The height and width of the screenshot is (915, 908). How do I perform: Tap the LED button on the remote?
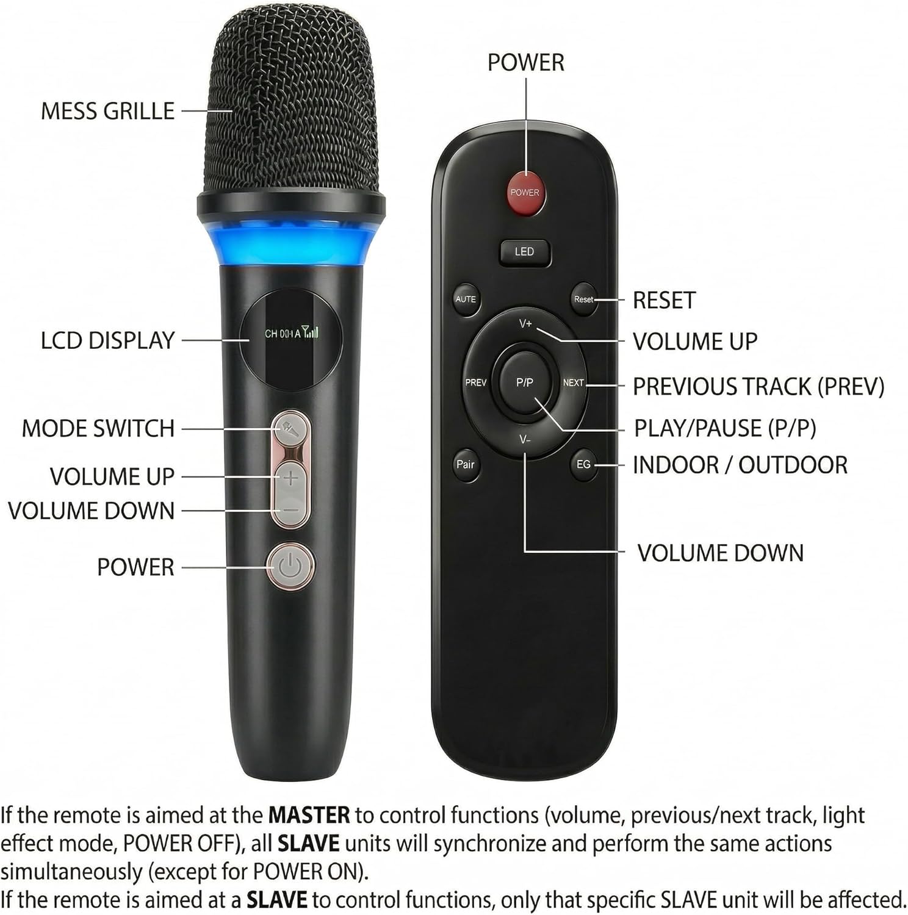coord(524,252)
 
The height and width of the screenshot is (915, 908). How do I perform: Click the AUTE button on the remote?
coord(466,299)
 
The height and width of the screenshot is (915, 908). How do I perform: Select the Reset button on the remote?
coord(583,299)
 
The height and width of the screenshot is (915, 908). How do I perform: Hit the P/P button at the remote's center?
coord(524,382)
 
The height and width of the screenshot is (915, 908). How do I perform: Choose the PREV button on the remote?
coord(476,382)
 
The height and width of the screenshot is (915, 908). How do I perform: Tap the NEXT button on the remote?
coord(573,382)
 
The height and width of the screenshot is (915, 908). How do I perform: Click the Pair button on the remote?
coord(466,464)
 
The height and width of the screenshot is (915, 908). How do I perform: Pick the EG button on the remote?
coord(583,464)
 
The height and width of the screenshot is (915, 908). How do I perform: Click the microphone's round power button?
coord(290,567)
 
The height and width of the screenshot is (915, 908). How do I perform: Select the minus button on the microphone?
coord(290,510)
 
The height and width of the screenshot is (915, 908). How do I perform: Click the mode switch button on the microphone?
coord(290,429)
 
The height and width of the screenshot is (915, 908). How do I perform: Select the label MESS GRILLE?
coord(107,111)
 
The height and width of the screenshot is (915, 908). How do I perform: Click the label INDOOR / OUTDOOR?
coord(740,465)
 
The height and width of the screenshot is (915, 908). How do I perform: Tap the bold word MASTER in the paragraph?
coord(309,815)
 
